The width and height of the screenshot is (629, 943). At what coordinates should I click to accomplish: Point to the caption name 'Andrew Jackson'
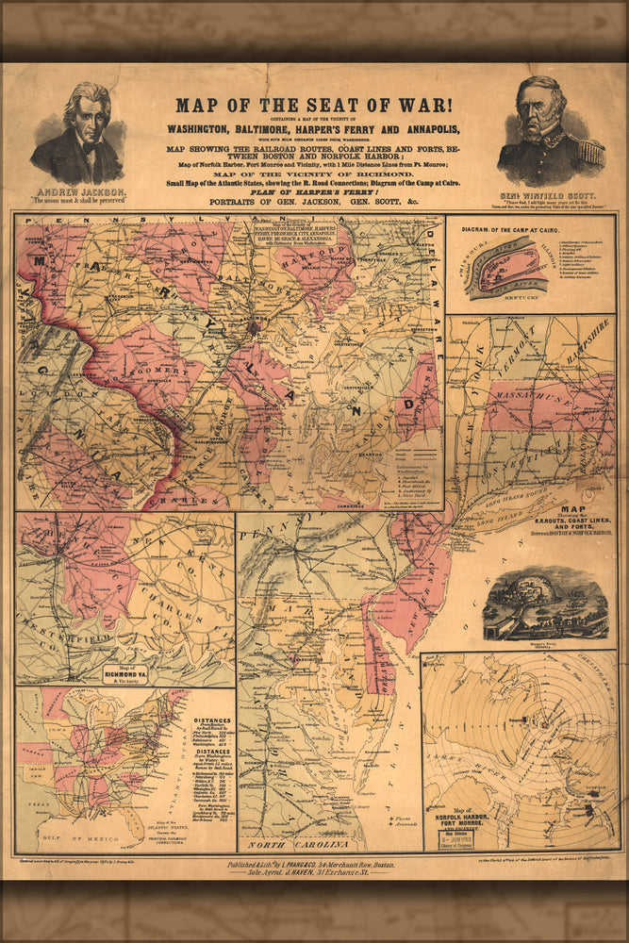(x=78, y=191)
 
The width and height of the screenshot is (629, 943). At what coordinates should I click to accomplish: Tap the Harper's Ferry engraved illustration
(x=545, y=604)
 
